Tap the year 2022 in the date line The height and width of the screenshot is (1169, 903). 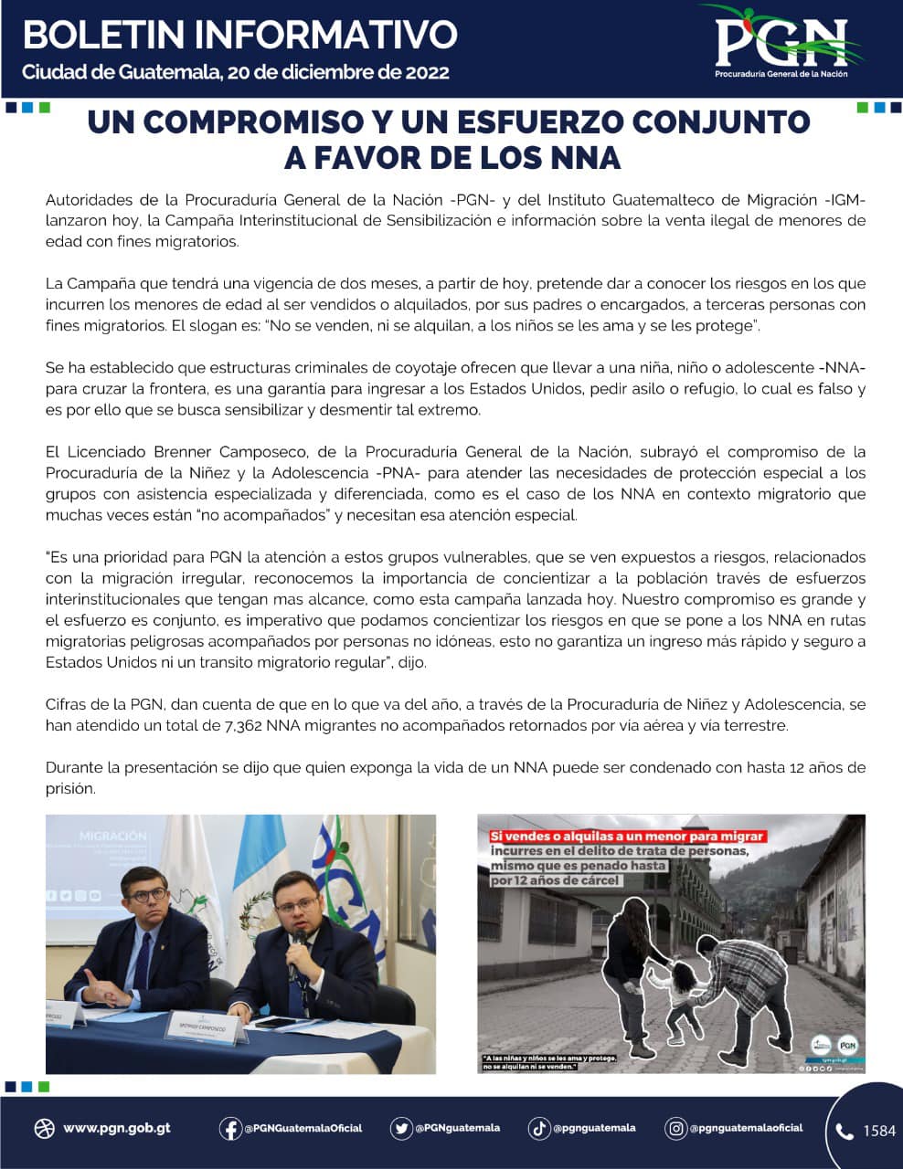click(x=422, y=72)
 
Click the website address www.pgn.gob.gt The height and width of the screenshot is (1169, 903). click(x=116, y=1129)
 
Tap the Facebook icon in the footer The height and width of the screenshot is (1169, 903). click(x=229, y=1129)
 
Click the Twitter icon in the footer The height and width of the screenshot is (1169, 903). click(x=400, y=1129)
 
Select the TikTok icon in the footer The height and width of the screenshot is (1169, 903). click(x=539, y=1129)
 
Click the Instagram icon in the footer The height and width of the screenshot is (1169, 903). click(x=675, y=1129)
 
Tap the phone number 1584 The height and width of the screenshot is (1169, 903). click(x=879, y=1132)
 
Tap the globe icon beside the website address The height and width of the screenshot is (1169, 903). click(x=44, y=1129)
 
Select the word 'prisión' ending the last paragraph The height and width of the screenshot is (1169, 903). click(x=70, y=789)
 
